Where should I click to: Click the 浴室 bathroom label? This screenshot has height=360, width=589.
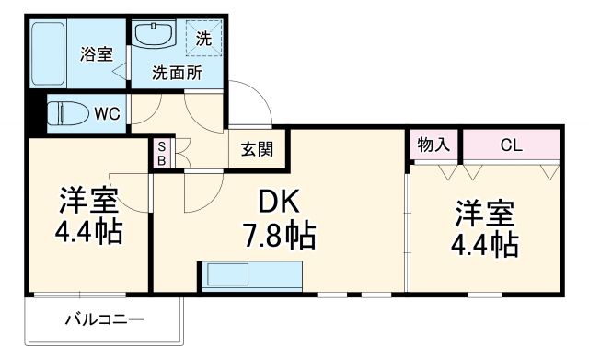[x=98, y=53]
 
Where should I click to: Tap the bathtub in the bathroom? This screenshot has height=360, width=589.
[x=53, y=54]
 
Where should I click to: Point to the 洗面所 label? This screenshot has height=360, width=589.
[x=178, y=72]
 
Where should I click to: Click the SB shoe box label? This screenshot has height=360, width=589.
[x=161, y=153]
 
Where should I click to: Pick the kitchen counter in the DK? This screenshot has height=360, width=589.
[x=251, y=276]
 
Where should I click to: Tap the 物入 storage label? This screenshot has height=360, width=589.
[x=433, y=145]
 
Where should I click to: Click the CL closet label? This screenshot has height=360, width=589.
[x=511, y=145]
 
